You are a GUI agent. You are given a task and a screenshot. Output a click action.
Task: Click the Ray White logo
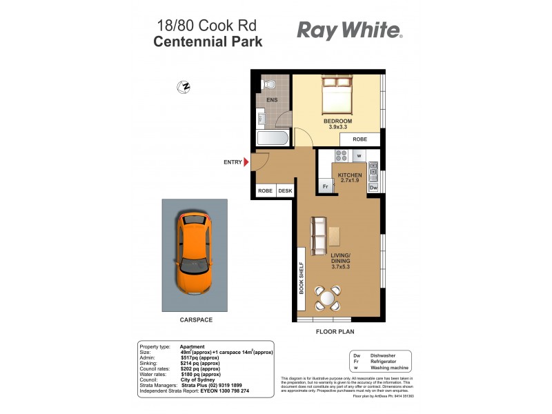pyautogui.click(x=349, y=30)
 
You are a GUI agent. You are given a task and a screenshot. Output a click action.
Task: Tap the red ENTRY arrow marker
pyautogui.click(x=246, y=162)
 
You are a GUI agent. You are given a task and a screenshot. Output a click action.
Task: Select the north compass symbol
pyautogui.click(x=184, y=87)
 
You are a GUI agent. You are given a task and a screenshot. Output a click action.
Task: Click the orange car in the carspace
pyautogui.click(x=194, y=253)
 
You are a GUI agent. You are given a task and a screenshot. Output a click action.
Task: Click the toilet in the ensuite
pyautogui.click(x=269, y=85)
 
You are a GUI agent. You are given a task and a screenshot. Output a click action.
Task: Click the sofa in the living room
pyautogui.click(x=319, y=235)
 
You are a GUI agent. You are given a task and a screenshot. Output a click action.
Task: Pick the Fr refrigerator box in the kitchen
pyautogui.click(x=324, y=187)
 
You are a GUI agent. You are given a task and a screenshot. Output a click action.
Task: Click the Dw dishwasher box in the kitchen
pyautogui.click(x=373, y=187)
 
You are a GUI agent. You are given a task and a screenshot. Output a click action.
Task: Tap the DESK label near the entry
pyautogui.click(x=285, y=191)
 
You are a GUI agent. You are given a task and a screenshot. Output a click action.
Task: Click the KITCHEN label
pyautogui.click(x=350, y=175)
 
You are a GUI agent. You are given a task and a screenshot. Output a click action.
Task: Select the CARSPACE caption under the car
pyautogui.click(x=195, y=320)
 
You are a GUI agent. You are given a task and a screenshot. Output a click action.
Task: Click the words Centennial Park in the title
pyautogui.click(x=207, y=41)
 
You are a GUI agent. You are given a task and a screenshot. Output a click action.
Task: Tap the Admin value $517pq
pyautogui.click(x=200, y=357)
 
